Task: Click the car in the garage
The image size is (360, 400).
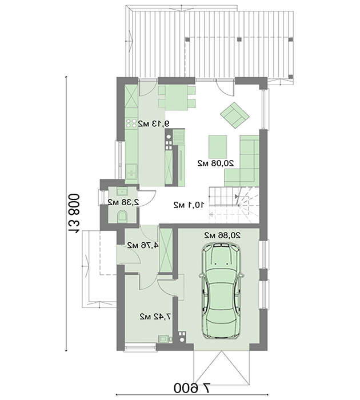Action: click(222, 291)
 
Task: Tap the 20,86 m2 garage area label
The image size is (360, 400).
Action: click(222, 235)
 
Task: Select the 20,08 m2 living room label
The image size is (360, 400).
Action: click(216, 163)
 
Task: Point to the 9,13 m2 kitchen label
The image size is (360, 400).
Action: click(153, 124)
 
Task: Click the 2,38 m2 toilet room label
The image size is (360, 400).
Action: click(123, 202)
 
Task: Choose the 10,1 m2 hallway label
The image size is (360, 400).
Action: click(189, 205)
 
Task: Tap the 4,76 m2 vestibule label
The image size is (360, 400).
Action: click(143, 245)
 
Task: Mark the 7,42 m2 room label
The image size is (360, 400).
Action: click(155, 317)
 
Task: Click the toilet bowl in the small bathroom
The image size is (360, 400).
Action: click(122, 217)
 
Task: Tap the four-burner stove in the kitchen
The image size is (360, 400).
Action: click(131, 123)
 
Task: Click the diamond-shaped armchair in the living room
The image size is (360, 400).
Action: click(235, 115)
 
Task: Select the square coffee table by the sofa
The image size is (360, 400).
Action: click(218, 147)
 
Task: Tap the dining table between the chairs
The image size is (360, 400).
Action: click(177, 98)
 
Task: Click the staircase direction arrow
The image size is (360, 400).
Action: click(236, 196)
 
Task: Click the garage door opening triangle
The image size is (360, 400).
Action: click(222, 367)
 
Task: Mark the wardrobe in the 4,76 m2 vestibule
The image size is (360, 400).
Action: click(166, 250)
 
